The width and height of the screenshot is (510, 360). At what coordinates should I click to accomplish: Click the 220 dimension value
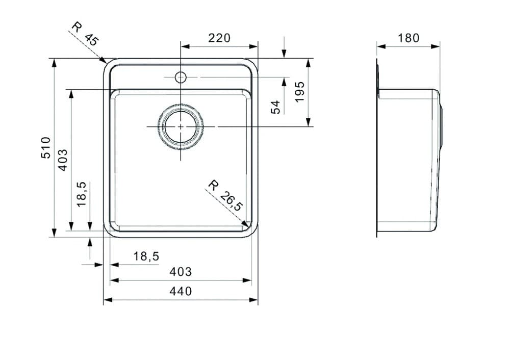(219, 38)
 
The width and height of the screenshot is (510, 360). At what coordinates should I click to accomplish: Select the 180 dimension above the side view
(409, 38)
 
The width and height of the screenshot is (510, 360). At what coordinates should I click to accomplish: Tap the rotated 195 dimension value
(299, 91)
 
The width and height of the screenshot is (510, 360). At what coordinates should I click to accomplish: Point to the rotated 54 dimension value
(275, 107)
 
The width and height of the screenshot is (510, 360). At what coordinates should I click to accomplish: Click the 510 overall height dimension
(46, 147)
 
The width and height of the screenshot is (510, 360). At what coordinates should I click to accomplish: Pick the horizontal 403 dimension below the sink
(181, 272)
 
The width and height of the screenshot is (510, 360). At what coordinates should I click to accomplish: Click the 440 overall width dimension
(181, 291)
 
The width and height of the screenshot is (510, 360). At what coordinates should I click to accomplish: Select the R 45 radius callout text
(85, 34)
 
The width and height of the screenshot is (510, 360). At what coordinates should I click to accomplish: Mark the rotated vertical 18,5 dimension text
(82, 194)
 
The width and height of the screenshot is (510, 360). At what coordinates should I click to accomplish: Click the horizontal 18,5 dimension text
(146, 256)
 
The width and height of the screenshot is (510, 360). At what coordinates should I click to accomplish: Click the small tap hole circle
(180, 78)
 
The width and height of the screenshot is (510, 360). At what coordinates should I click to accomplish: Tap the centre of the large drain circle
(180, 126)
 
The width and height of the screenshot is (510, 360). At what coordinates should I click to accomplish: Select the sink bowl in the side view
(408, 158)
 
